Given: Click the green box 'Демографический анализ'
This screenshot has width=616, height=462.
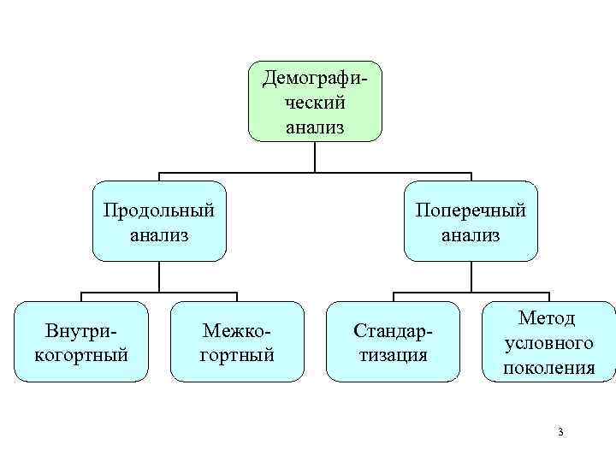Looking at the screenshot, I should coord(315,101).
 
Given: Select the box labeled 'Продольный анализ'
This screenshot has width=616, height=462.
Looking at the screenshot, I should coord(159,221).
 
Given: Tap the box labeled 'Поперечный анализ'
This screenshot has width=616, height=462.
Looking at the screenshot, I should coord(471,221).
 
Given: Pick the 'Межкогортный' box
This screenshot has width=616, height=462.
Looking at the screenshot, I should coord(237,341).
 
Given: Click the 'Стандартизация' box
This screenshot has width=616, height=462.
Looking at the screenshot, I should coord(393,341).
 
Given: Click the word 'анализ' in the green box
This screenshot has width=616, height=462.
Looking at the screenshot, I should coord(315,127).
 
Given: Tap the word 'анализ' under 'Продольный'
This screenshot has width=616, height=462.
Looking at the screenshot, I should coord(159,234).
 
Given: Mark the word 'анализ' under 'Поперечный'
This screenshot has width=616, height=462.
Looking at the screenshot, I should coord(471,234).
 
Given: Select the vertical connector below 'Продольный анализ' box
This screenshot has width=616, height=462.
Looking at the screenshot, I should coord(159,275).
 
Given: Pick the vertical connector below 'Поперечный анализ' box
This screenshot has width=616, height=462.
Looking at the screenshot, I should coord(471,275).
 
